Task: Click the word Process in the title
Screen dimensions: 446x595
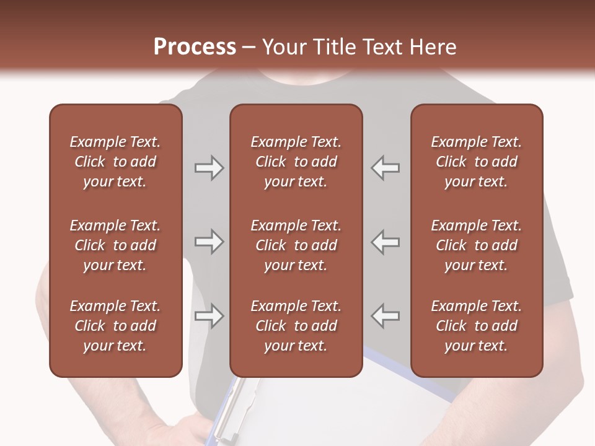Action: [195, 47]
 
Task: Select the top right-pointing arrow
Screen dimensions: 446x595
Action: [209, 167]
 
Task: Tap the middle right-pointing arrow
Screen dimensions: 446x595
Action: [209, 242]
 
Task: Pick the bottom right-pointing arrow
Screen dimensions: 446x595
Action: [209, 316]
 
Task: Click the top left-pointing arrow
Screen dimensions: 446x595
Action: [385, 167]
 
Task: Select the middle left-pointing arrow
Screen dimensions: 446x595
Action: [385, 242]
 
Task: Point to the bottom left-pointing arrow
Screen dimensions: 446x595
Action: [385, 316]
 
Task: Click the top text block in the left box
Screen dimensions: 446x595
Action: [115, 162]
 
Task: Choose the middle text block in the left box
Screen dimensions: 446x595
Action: [115, 245]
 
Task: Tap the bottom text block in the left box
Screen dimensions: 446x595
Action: [115, 326]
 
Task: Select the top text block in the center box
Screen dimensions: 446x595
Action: [296, 162]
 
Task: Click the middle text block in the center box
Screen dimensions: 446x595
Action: [296, 245]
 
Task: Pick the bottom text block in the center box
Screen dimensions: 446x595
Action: [296, 326]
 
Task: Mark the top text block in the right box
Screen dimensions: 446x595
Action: [477, 162]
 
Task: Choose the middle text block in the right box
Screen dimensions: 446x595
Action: [477, 245]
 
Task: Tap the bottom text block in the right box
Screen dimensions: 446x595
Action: [477, 326]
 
